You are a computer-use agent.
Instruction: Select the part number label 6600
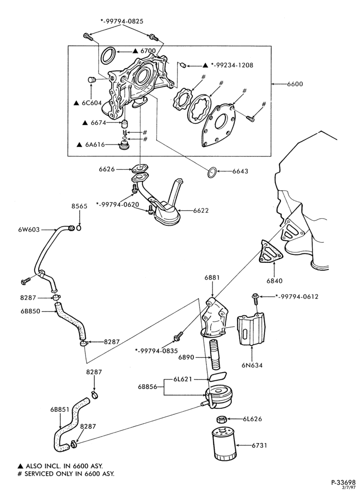(295, 84)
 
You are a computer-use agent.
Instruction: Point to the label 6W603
(29, 230)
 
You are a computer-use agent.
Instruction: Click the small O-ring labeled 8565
(79, 228)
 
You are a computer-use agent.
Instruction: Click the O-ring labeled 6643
(212, 172)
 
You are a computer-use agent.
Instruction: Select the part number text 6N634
(252, 366)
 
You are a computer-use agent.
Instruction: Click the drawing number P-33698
(343, 483)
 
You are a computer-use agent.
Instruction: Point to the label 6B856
(148, 387)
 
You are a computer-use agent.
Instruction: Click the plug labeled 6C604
(92, 79)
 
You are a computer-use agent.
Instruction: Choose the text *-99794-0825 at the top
(122, 21)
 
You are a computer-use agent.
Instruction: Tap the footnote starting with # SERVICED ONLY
(66, 474)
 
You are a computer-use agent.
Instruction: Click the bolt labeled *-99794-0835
(178, 337)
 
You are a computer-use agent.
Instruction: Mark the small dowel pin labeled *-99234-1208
(182, 65)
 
